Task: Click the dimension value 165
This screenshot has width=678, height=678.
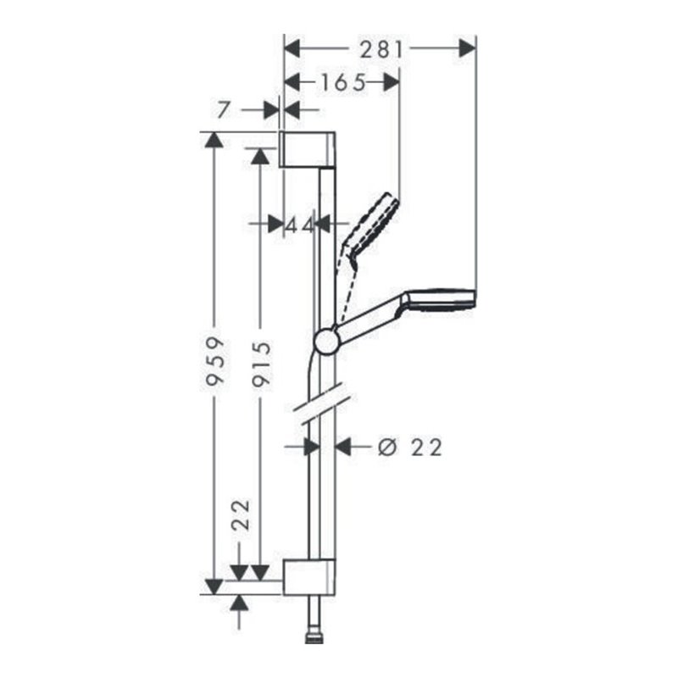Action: tap(343, 82)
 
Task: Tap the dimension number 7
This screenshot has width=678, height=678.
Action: tap(224, 109)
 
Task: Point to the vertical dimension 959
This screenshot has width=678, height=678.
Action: tap(217, 362)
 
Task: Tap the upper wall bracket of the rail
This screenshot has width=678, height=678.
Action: tap(309, 149)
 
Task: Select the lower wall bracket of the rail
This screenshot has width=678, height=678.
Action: tap(309, 576)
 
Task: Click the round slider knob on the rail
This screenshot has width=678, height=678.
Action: tap(326, 342)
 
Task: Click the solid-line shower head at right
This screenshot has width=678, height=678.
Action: tap(442, 298)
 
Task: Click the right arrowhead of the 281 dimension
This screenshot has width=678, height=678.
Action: tap(467, 49)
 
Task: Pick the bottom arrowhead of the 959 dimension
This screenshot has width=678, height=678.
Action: tap(215, 585)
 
